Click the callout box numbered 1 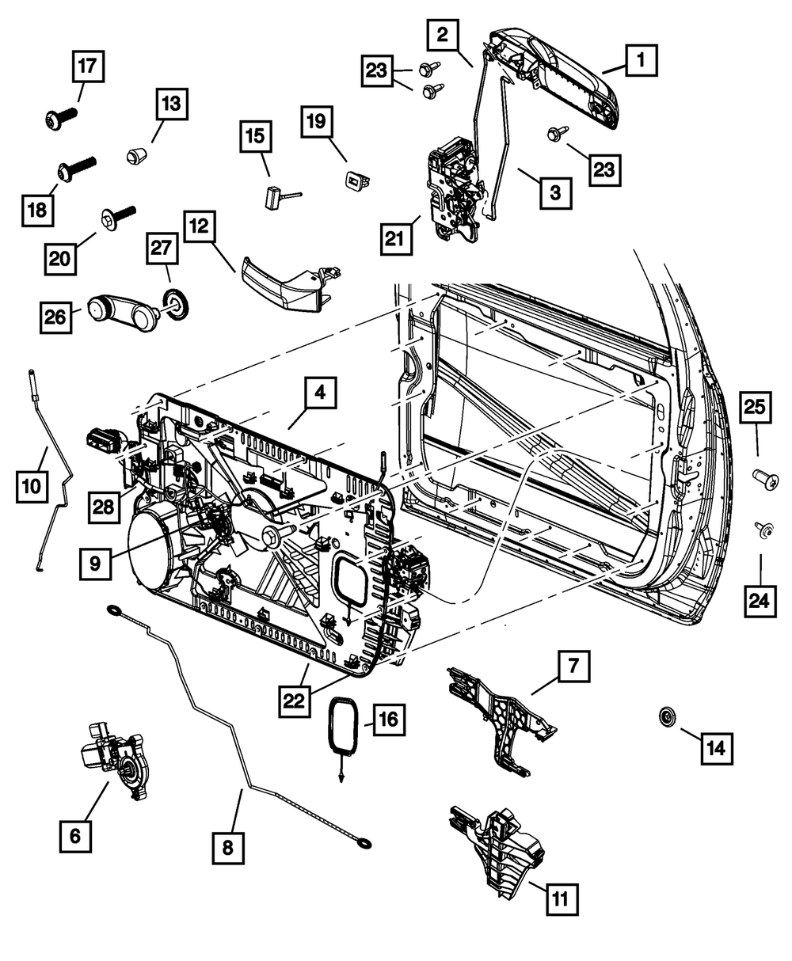(641, 59)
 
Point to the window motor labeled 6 (111, 757)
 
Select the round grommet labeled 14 (668, 718)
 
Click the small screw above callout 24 (764, 530)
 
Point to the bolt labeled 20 (117, 215)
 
